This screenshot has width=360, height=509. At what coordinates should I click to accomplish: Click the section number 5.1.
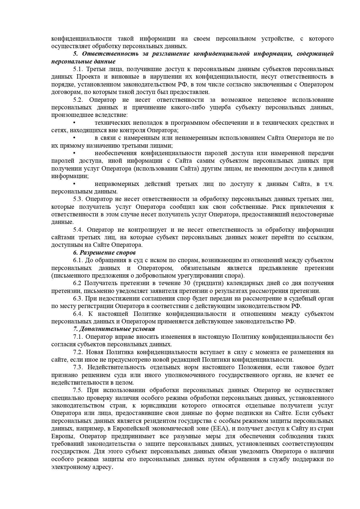point(78,69)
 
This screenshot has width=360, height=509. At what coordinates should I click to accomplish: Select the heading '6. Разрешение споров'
point(104,252)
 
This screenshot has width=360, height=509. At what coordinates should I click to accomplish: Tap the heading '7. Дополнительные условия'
point(114,329)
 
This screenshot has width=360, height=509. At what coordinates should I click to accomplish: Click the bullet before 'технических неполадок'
point(74,122)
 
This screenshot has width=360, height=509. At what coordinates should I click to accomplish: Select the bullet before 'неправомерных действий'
point(74,184)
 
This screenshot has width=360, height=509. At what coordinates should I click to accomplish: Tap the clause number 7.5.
point(78,390)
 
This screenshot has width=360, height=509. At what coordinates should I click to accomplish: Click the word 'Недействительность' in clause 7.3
point(116,367)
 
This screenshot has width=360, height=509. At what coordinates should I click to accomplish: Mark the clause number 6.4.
point(78,314)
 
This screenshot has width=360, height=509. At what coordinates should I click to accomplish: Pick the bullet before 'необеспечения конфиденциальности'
point(74,153)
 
